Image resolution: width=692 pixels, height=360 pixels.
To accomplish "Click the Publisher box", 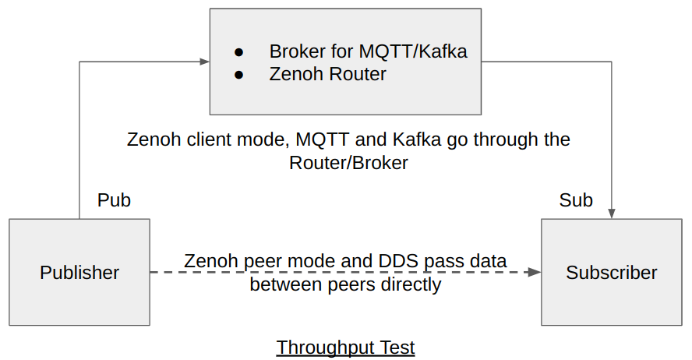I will (79, 272).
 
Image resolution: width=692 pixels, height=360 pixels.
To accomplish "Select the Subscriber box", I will (611, 272).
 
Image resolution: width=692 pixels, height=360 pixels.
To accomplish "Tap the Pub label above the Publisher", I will (114, 200).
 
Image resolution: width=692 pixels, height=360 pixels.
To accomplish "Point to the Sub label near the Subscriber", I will (576, 200).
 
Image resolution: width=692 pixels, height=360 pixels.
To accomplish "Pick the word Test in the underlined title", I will (397, 347).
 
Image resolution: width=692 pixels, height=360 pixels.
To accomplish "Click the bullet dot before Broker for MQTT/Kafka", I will (239, 53).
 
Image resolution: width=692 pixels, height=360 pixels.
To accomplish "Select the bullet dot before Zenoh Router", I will (239, 75).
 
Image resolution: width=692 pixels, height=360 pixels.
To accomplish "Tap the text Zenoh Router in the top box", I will (327, 74).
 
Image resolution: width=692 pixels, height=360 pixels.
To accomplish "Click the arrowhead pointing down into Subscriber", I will (612, 212).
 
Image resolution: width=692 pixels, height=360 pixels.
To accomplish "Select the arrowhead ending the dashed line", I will (534, 272).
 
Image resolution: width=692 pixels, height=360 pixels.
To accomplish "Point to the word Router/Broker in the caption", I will (348, 163).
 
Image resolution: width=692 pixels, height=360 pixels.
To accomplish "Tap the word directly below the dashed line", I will (410, 284).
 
